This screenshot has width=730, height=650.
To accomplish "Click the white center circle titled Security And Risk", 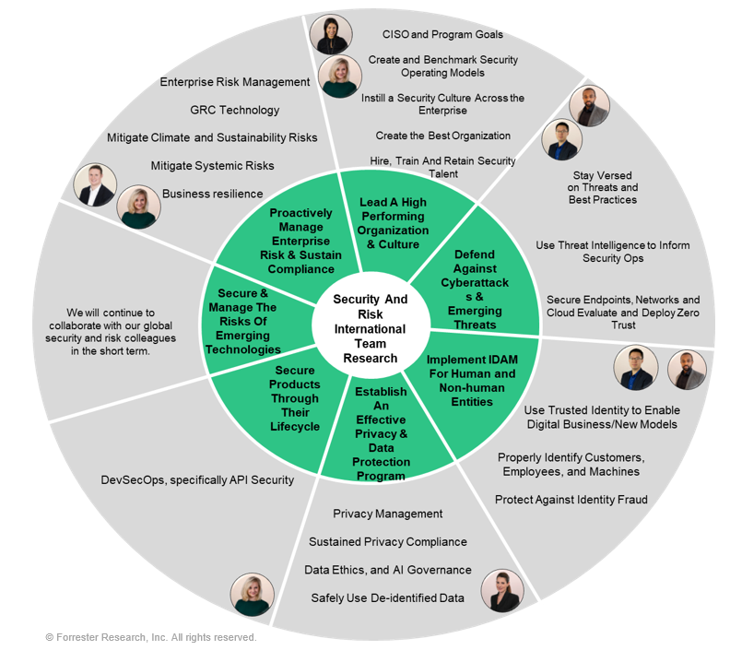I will (x=369, y=329).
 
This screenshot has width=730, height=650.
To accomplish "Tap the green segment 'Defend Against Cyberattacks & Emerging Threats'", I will (x=473, y=289).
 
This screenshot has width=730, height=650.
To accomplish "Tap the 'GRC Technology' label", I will (x=234, y=110).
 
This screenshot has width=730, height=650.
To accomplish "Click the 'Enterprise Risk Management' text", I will (x=234, y=82).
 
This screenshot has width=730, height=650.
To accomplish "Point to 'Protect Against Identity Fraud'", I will (x=571, y=500).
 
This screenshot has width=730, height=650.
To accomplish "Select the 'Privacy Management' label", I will (x=387, y=514).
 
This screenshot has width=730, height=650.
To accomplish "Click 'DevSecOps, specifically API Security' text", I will (x=197, y=479).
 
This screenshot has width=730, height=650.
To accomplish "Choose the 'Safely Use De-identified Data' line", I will (x=387, y=598).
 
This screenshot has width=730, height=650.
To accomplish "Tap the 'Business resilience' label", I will (x=212, y=194).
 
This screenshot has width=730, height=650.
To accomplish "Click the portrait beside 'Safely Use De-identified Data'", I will (x=502, y=589).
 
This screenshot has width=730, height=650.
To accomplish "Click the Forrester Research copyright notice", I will (x=151, y=637).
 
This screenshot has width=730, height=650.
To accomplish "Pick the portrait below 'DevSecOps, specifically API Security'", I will (x=252, y=594).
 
